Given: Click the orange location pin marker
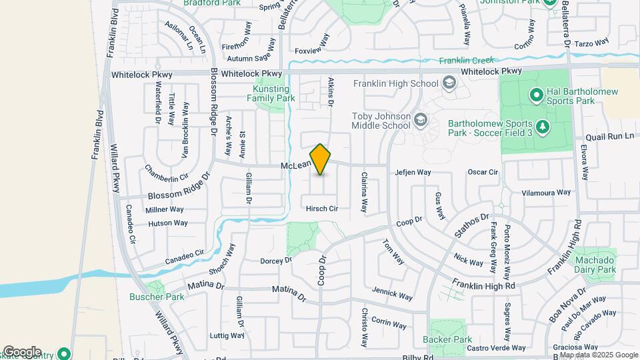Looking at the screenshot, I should (321, 159).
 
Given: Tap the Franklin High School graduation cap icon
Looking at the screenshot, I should (449, 83).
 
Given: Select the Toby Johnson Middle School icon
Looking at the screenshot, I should (420, 120).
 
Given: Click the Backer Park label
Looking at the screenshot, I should (447, 339).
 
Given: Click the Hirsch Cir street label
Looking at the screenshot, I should (322, 209).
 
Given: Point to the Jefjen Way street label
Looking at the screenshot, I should (413, 173).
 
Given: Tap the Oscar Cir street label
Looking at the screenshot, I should (483, 172).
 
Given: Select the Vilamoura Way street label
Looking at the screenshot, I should (546, 192).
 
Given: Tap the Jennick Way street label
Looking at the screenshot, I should (393, 293).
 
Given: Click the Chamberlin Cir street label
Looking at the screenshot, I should (167, 179).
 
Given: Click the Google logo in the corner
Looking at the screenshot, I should (21, 352).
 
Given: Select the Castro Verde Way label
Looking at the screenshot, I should (496, 348).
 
